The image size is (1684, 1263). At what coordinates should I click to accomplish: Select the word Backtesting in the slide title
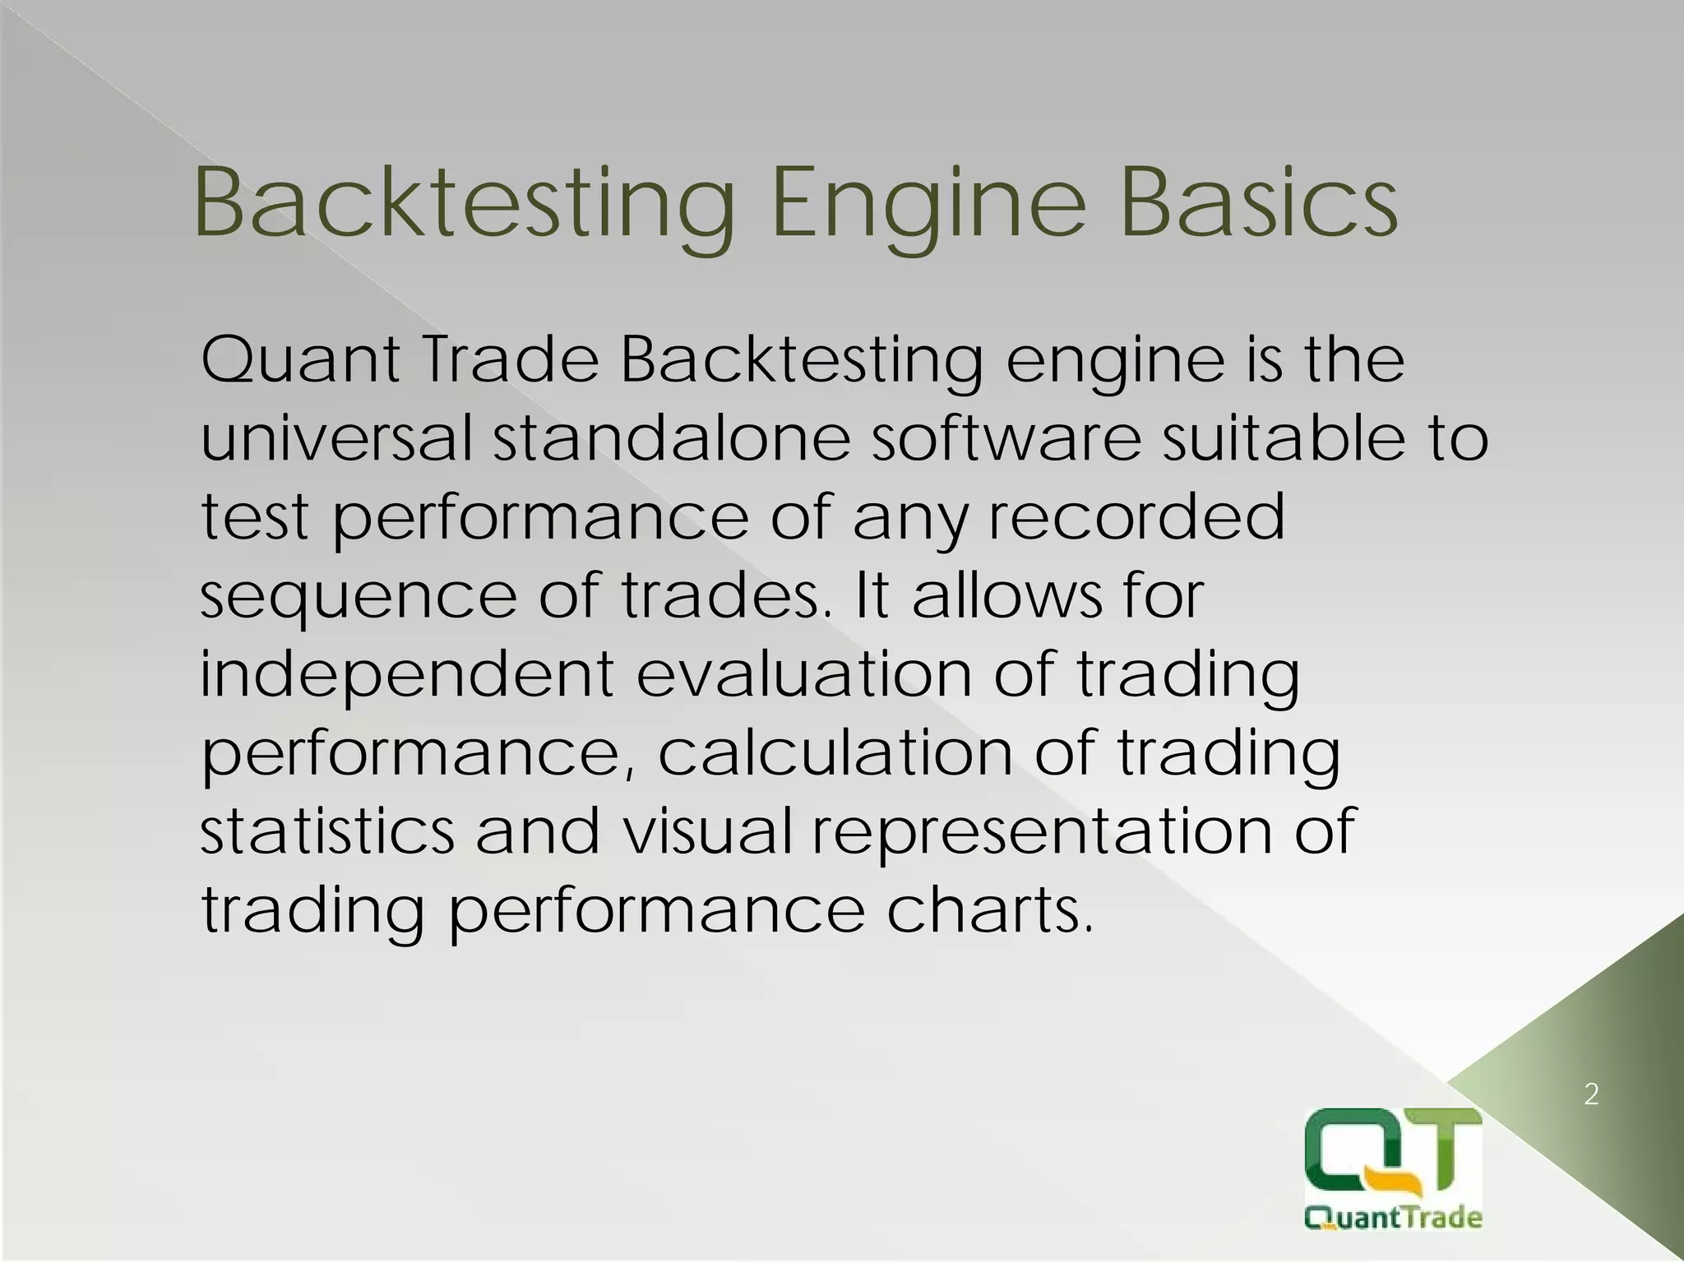click(x=465, y=203)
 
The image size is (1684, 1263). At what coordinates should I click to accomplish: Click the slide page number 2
click(x=1591, y=1094)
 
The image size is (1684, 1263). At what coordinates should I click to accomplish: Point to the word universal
click(x=336, y=437)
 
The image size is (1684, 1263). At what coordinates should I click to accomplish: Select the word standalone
click(x=671, y=437)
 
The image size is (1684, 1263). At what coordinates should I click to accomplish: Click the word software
click(x=1006, y=437)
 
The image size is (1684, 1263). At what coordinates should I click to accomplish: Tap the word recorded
click(x=1136, y=516)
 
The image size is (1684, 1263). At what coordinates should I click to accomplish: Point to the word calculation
click(x=835, y=753)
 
